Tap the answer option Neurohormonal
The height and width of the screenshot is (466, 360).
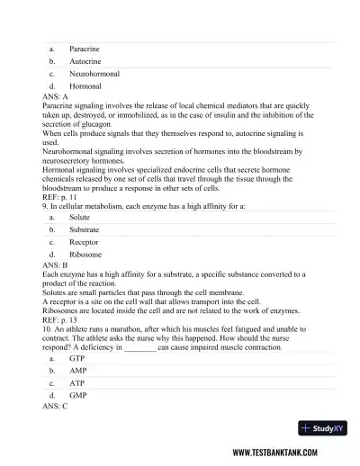coord(94,73)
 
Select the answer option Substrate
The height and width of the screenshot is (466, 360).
coord(84,230)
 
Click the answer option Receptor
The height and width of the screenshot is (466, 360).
coord(84,243)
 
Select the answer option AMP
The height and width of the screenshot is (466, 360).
coord(78,371)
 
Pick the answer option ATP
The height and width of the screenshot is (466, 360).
coord(77,383)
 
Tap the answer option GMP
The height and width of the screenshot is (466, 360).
coord(78,396)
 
